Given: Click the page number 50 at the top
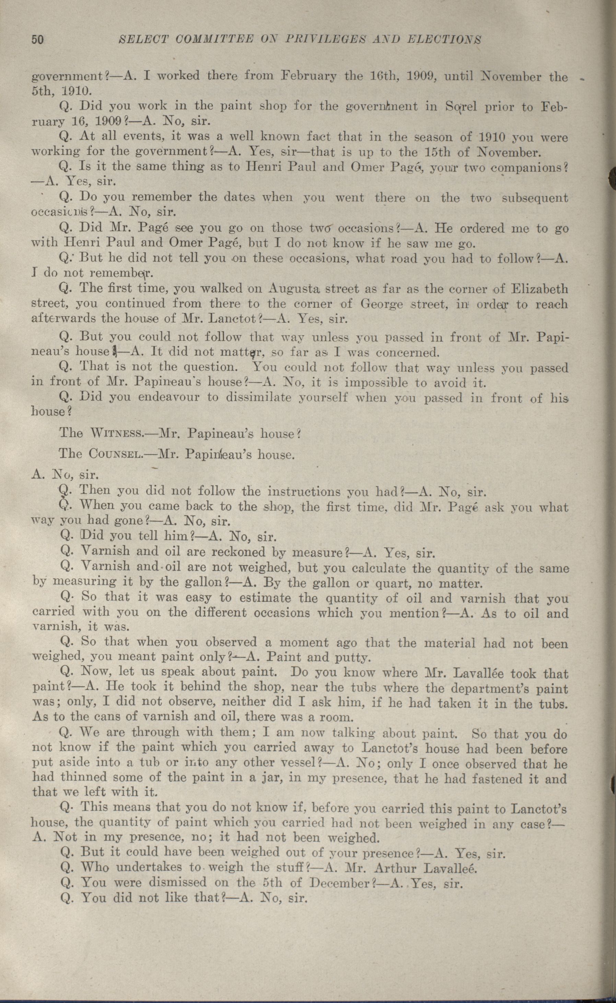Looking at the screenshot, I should (x=37, y=39).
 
